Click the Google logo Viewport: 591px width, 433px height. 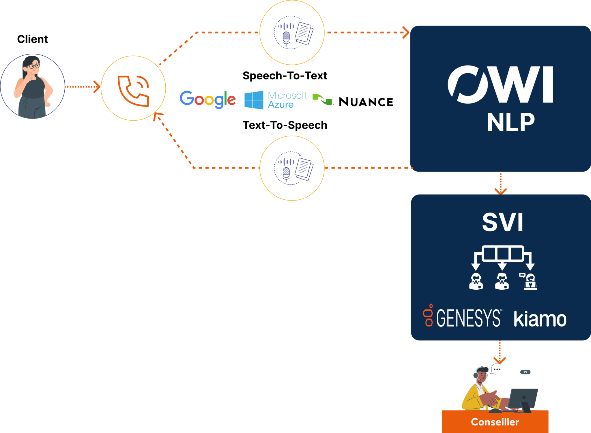tap(207, 99)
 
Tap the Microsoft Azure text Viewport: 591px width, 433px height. tap(287, 100)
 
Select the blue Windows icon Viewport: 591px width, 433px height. tap(254, 100)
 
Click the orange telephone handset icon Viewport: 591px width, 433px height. tap(133, 91)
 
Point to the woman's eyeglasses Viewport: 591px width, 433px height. tap(34, 66)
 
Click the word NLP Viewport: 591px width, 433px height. tap(511, 122)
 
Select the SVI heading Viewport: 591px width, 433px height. tap(502, 222)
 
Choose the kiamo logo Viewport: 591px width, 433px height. tap(540, 319)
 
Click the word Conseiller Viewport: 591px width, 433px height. tap(495, 422)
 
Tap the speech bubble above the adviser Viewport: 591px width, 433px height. tap(497, 369)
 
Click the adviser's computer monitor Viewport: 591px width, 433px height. tap(523, 398)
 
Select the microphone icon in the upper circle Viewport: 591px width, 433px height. tap(286, 37)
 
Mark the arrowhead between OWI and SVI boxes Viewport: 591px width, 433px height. tap(500, 191)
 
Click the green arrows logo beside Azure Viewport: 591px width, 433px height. tap(322, 99)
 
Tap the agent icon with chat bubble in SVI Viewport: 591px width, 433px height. tap(529, 281)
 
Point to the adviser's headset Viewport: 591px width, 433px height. tap(476, 374)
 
